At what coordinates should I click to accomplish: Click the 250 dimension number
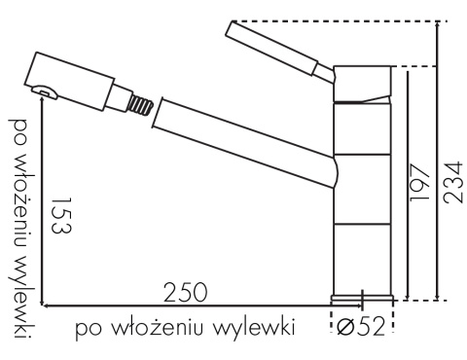pos(185,292)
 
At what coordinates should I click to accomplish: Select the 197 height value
pos(419,182)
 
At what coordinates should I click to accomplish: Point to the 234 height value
pos(453,182)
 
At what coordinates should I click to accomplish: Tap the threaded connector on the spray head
pos(140,104)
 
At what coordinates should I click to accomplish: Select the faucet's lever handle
pos(281,51)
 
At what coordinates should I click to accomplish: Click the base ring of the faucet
pos(362,299)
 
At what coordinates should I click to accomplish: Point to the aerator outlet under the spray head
pos(44,91)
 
